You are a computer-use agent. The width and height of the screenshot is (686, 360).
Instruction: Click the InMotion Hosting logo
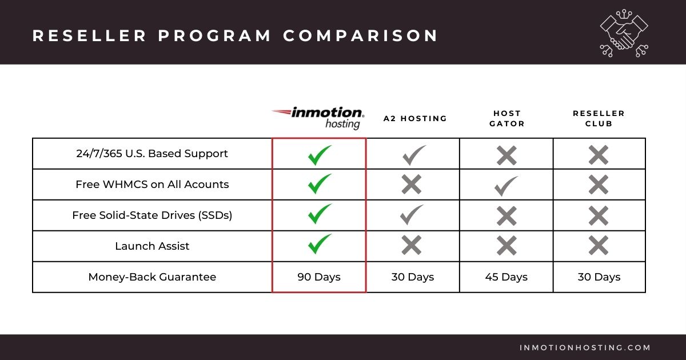point(318,117)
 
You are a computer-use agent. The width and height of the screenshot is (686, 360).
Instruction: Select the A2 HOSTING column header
point(415,119)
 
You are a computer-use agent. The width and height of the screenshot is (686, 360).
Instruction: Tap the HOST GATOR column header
point(506,118)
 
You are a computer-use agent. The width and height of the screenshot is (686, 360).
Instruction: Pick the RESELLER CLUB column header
point(599,118)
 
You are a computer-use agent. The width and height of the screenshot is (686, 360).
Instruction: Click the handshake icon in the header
point(624,33)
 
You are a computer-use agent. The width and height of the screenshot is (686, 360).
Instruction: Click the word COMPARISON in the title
point(361,35)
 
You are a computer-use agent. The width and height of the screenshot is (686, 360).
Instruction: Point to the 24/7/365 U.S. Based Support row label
point(152,154)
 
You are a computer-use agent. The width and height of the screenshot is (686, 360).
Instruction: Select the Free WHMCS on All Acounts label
point(152,185)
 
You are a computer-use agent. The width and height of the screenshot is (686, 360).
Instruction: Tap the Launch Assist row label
point(152,246)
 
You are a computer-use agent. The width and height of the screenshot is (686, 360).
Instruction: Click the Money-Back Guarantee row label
point(152,277)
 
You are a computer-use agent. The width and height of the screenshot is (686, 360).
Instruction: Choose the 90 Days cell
point(319,277)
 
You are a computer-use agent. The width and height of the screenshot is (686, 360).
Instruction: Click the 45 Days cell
point(506,277)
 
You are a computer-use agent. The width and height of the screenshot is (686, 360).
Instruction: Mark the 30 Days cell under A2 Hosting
point(413,277)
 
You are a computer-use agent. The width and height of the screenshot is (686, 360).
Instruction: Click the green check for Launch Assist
point(319,245)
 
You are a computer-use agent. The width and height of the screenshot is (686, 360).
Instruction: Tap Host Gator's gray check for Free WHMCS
point(506,185)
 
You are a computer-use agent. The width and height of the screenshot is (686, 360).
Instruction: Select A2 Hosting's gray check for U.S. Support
point(413,154)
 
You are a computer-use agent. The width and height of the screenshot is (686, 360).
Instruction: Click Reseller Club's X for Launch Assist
point(599,246)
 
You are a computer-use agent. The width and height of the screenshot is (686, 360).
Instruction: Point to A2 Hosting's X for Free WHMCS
point(412,185)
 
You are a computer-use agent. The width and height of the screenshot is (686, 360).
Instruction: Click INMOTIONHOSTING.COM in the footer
point(585,347)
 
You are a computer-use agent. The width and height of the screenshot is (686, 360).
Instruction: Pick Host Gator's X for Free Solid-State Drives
point(506,215)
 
